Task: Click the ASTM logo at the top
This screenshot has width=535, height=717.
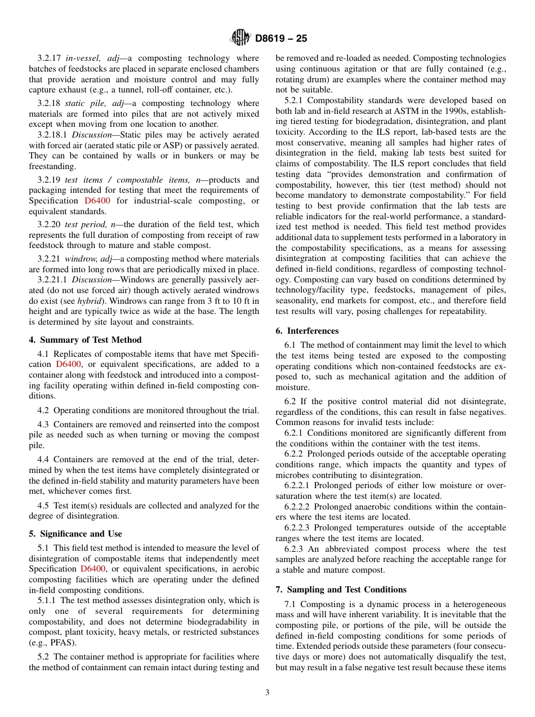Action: coord(240,38)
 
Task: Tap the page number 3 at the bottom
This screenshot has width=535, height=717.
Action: coord(267,692)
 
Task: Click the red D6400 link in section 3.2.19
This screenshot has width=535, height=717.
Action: coord(97,201)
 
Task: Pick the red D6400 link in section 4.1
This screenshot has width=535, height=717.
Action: coord(68,365)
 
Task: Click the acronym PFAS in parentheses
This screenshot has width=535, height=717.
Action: coord(53,643)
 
